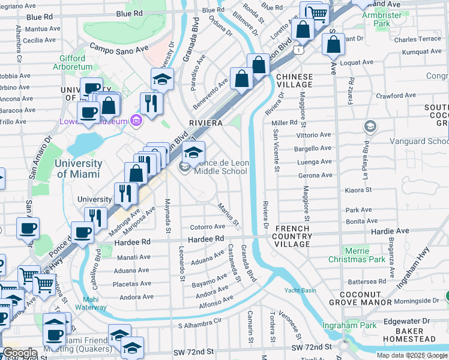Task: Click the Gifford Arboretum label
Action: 76,63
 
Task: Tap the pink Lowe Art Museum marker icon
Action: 136,121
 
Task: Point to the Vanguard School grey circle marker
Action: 370,127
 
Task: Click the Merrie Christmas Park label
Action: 357,255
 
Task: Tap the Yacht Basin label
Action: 300,290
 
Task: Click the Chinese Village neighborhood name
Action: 294,81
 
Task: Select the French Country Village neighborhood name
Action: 293,236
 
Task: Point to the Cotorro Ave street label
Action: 207,227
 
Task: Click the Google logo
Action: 20,353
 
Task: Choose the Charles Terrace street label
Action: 417,39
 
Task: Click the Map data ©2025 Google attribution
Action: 412,355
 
